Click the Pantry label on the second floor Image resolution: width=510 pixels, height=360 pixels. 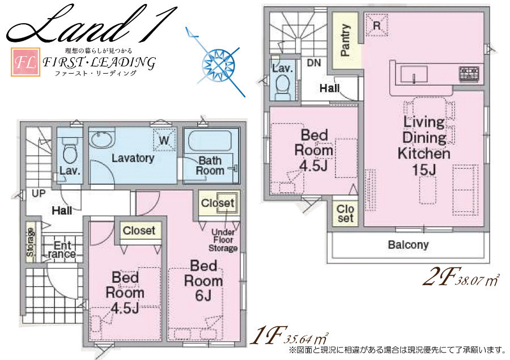click(345, 40)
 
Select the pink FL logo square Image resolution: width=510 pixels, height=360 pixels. click(25, 62)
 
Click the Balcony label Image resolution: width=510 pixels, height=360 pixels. click(408, 244)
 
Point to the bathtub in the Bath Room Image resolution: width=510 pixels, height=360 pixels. click(210, 141)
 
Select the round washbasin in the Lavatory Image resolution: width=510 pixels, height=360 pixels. click(101, 139)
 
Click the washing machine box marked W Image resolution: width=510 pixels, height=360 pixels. click(164, 140)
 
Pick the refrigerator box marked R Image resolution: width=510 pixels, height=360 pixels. click(377, 25)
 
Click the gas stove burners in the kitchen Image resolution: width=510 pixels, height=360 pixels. click(469, 74)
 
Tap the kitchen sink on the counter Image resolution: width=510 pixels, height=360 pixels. click(414, 74)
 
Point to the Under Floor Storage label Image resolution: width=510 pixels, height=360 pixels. click(223, 240)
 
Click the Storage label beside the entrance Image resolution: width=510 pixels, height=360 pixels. click(30, 242)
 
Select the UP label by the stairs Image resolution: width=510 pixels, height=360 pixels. click(39, 193)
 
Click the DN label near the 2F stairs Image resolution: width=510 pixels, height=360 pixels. click(313, 63)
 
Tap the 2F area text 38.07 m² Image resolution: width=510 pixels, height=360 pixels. click(478, 279)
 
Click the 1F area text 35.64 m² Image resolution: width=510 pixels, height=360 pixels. click(306, 338)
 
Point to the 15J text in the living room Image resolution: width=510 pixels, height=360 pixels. click(424, 170)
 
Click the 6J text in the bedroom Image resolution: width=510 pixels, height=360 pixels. click(203, 295)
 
